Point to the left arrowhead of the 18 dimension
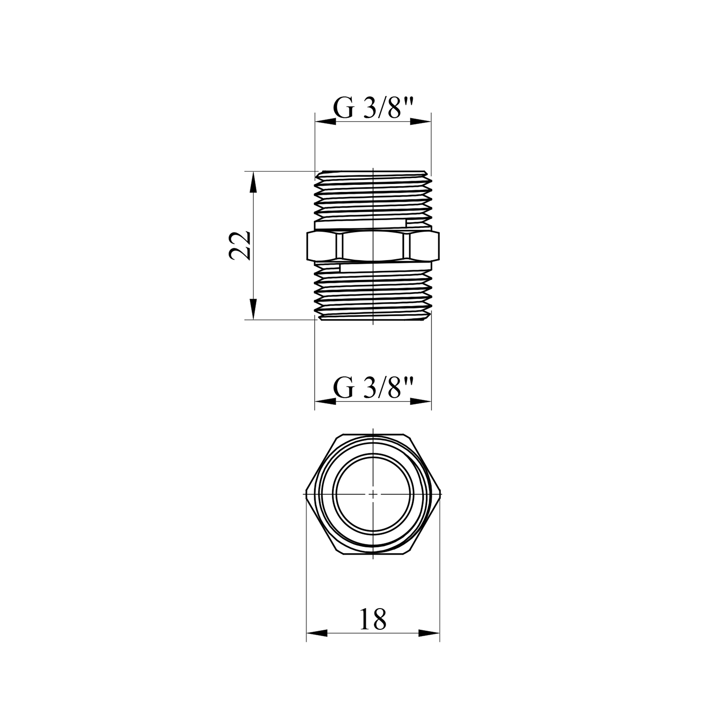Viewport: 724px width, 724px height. (317, 633)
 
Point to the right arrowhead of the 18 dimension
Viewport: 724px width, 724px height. (429, 633)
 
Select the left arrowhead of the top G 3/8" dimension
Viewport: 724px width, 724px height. (325, 122)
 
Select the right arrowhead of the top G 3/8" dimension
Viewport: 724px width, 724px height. (420, 122)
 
